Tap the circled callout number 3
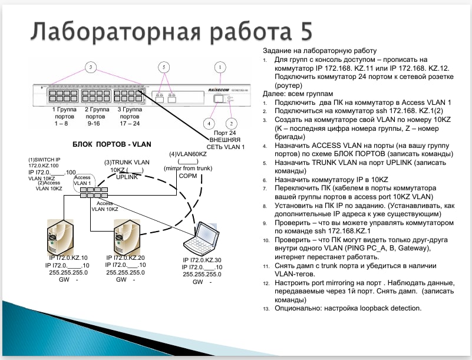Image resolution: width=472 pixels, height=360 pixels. coord(91,67)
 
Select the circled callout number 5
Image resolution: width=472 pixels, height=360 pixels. coord(164,67)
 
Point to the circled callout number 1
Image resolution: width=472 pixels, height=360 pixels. coord(220,67)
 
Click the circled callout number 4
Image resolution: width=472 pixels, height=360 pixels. coord(209,123)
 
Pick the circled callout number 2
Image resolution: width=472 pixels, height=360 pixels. coord(231,123)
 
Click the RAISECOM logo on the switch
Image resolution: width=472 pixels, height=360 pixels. coord(219,90)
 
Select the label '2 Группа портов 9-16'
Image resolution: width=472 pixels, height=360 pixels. coord(96,116)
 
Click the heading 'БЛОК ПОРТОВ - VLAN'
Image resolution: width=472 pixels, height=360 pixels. coord(112,144)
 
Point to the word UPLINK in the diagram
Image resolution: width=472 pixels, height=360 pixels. coord(127,177)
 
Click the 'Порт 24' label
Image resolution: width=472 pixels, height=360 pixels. coord(225,133)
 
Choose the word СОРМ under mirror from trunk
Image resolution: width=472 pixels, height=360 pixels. coord(188,176)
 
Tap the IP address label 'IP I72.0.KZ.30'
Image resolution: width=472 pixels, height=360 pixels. coord(202,260)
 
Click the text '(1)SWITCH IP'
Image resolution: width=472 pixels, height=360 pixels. coord(44,160)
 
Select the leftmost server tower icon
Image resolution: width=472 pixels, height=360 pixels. coord(60,237)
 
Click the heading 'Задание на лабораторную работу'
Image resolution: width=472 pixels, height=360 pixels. coord(320,51)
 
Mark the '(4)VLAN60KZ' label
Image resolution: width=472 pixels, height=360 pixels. coord(188,154)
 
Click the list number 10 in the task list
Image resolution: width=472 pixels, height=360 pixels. coord(266,240)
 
